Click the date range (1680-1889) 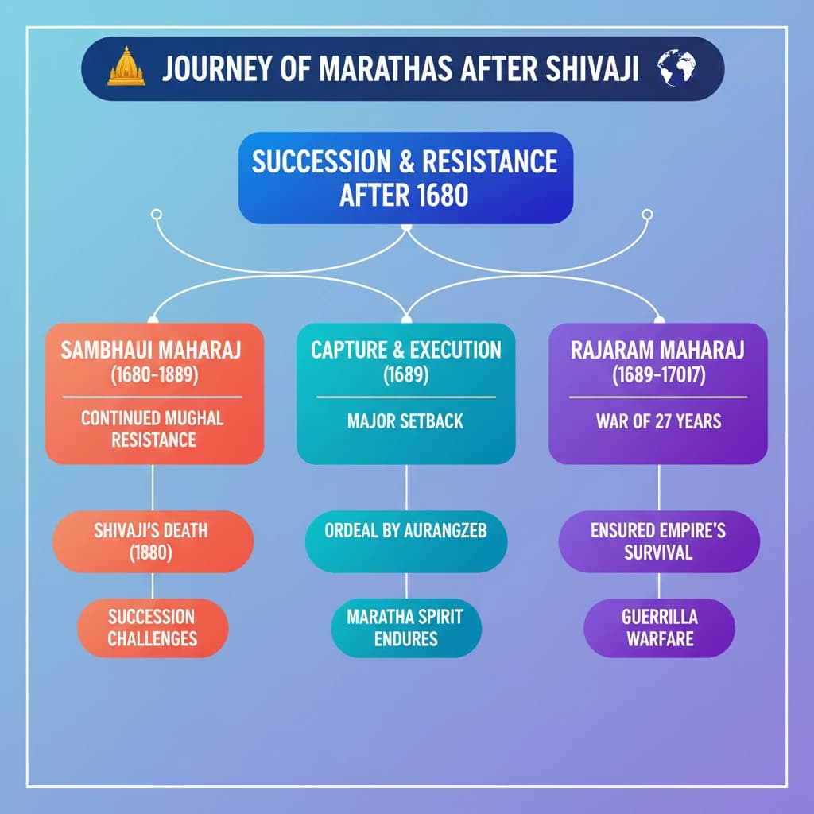coord(154,374)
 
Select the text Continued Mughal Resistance coord(154,428)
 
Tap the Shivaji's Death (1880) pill coord(153,541)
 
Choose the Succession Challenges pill coord(153,627)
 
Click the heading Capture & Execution coord(405,350)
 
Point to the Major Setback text coord(405,421)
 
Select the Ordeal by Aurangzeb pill coord(405,531)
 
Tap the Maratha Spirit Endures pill coord(405,627)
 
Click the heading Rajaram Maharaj coord(658,351)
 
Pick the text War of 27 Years coord(658,421)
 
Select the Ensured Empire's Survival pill coord(658,541)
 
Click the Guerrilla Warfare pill coord(658,627)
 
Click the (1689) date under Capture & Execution coord(405,374)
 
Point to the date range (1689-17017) coord(658,374)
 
